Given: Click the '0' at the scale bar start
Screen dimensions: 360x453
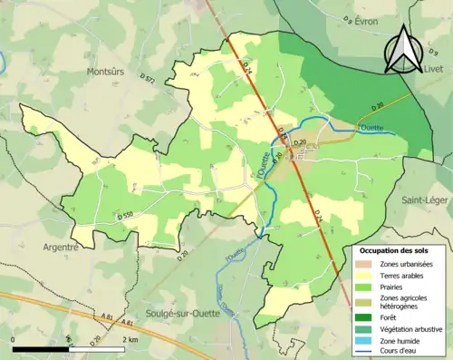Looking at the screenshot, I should tap(14, 336).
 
